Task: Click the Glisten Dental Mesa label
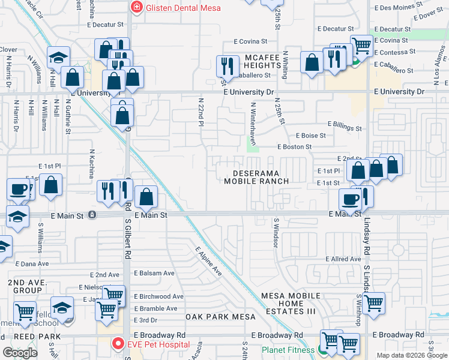pos(183,8)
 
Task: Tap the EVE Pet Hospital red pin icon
pos(118,344)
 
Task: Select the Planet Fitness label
pos(288,350)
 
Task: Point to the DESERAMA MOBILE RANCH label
pos(257,176)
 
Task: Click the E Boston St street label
pos(294,146)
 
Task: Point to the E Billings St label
pos(345,128)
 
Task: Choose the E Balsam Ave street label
pos(154,273)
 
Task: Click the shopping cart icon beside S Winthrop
pos(373,302)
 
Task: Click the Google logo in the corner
pos(20,353)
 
